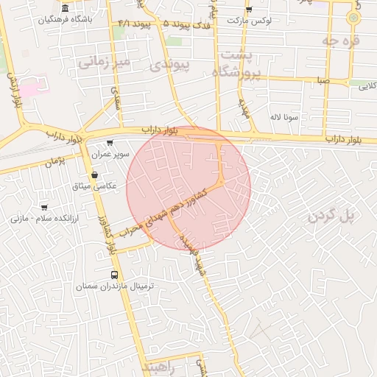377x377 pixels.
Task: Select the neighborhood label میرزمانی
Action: [x=104, y=63]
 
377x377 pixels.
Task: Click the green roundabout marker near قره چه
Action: [x=354, y=16]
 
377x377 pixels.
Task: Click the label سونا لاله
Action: [x=283, y=116]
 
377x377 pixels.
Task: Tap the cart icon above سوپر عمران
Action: [x=110, y=143]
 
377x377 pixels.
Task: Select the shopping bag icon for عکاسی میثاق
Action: [x=95, y=175]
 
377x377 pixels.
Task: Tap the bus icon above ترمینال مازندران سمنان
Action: [x=113, y=274]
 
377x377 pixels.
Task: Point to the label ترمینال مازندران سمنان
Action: [x=113, y=286]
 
